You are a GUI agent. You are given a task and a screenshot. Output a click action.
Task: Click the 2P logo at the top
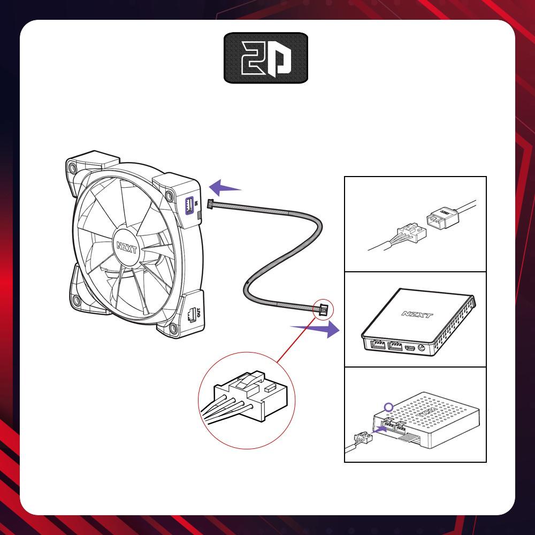[266, 58]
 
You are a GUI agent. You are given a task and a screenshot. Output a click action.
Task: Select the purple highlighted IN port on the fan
[188, 204]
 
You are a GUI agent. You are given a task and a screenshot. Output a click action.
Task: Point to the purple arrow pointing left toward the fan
[225, 188]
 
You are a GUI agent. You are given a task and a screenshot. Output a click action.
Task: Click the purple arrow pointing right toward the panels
[315, 327]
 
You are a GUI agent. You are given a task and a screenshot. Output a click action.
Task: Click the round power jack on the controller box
[423, 348]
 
